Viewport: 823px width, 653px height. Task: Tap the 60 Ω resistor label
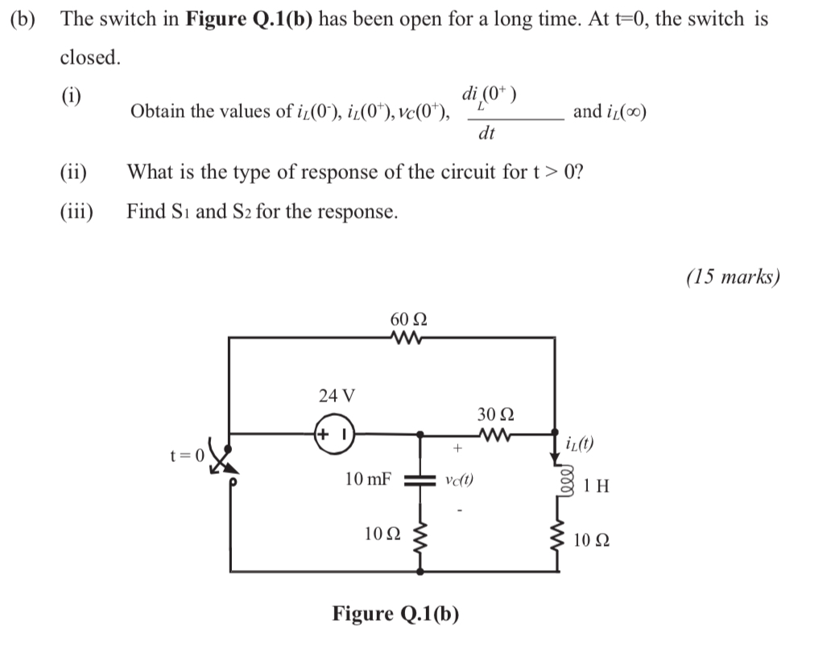409,319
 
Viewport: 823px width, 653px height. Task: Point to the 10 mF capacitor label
368,479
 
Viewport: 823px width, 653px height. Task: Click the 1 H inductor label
597,486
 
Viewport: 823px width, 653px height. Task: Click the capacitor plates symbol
419,479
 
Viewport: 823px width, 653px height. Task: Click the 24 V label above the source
336,396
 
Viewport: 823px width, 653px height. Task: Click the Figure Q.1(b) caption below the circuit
396,614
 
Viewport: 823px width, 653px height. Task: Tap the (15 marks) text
733,277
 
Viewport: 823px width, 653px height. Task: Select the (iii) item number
77,212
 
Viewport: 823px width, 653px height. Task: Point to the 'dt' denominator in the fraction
486,134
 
